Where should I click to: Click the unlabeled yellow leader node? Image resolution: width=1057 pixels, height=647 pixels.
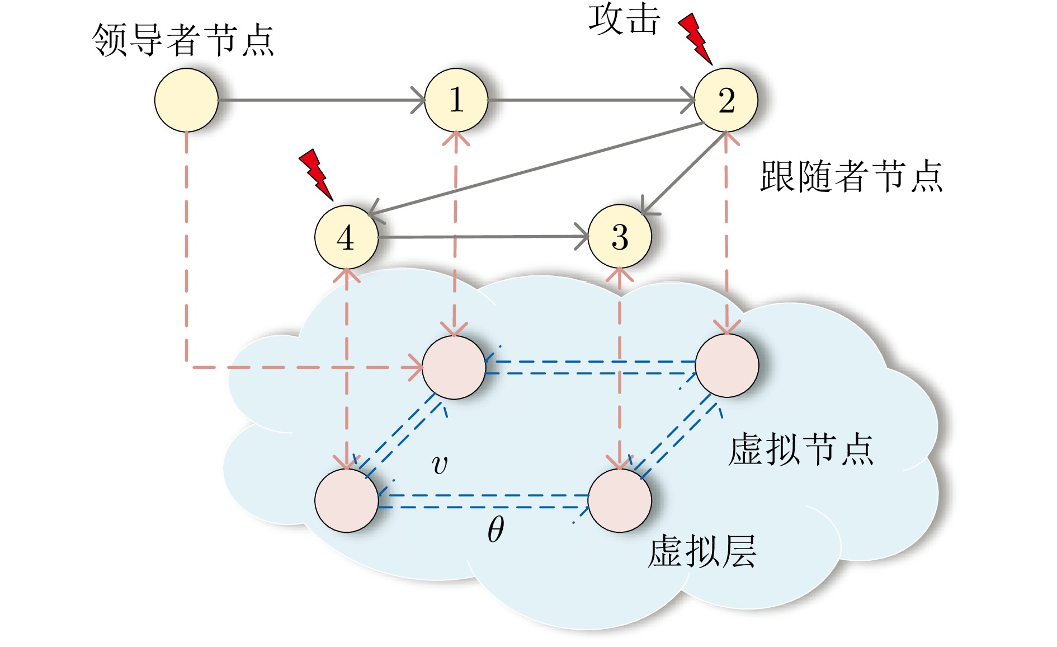coord(186,100)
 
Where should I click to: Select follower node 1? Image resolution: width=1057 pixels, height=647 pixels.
coord(456,100)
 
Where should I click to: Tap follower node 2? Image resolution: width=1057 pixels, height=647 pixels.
coord(726,100)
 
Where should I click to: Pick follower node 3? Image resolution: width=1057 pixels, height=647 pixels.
coord(620,237)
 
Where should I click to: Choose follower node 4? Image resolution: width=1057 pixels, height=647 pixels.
coord(346,237)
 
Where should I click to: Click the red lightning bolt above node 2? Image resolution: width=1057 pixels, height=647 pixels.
coord(695,38)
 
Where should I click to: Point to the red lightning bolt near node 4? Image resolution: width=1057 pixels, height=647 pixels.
coord(316,174)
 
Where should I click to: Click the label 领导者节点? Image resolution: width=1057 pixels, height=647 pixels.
coord(183,40)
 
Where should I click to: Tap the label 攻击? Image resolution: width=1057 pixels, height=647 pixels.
coord(624,20)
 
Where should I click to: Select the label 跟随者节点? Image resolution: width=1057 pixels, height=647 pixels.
coord(851,176)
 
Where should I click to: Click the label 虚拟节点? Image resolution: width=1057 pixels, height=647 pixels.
coord(801,449)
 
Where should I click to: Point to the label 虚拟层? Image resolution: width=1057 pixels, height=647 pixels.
coord(702,552)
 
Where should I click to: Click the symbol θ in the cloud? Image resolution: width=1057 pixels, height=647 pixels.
coord(496,529)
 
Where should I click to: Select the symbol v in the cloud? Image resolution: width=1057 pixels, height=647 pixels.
coord(440,465)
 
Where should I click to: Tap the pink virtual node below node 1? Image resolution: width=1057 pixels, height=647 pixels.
coord(454,368)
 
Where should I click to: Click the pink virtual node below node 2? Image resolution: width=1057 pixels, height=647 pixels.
coord(726,365)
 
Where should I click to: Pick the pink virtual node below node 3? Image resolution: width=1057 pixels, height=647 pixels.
coord(620,500)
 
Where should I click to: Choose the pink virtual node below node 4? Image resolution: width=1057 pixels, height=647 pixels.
coord(346,500)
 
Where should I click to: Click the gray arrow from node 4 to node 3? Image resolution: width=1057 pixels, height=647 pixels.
coord(481,237)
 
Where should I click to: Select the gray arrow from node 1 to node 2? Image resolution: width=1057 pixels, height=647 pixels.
coord(590,100)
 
